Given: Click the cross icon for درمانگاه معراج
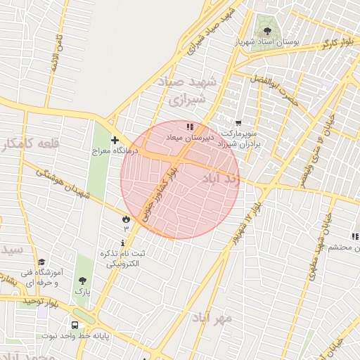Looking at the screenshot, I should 115,141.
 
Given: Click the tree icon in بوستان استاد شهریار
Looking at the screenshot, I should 267,30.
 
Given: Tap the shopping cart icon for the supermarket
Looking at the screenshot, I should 238,123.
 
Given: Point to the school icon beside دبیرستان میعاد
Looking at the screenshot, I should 189,127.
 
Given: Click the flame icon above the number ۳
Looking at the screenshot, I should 126,219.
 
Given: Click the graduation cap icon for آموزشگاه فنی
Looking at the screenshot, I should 41,262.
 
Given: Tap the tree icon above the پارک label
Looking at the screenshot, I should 82,280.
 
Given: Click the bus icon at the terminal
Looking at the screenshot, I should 75,325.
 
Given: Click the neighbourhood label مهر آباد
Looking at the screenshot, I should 214,319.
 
